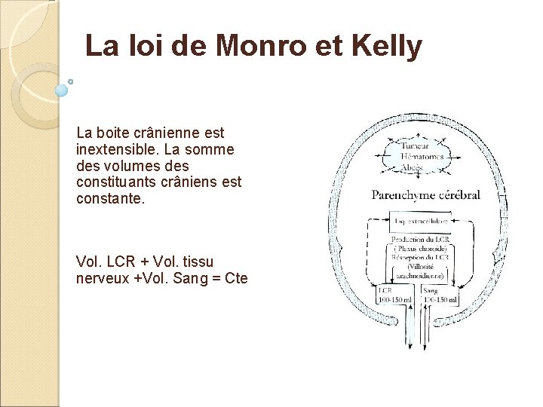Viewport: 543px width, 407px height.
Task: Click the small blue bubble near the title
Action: pyautogui.click(x=63, y=90)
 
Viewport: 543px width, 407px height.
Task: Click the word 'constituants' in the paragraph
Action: pyautogui.click(x=118, y=182)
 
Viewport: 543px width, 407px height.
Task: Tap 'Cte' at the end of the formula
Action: pyautogui.click(x=236, y=278)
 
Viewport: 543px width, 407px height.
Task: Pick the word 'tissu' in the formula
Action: pyautogui.click(x=198, y=262)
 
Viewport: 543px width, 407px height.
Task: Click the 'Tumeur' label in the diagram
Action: pyautogui.click(x=416, y=146)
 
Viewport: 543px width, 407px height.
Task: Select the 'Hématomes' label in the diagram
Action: pyautogui.click(x=423, y=156)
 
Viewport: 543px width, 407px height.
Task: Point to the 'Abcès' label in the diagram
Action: pyautogui.click(x=413, y=167)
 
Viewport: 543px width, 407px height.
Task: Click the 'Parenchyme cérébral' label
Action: pyautogui.click(x=425, y=196)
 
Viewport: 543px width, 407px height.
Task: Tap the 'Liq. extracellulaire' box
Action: pyautogui.click(x=421, y=222)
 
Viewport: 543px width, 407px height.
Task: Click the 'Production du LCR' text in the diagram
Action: pyautogui.click(x=421, y=239)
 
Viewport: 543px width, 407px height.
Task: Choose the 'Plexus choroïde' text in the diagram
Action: pyautogui.click(x=421, y=248)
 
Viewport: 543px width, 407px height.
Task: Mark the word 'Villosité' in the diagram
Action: pyautogui.click(x=422, y=266)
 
